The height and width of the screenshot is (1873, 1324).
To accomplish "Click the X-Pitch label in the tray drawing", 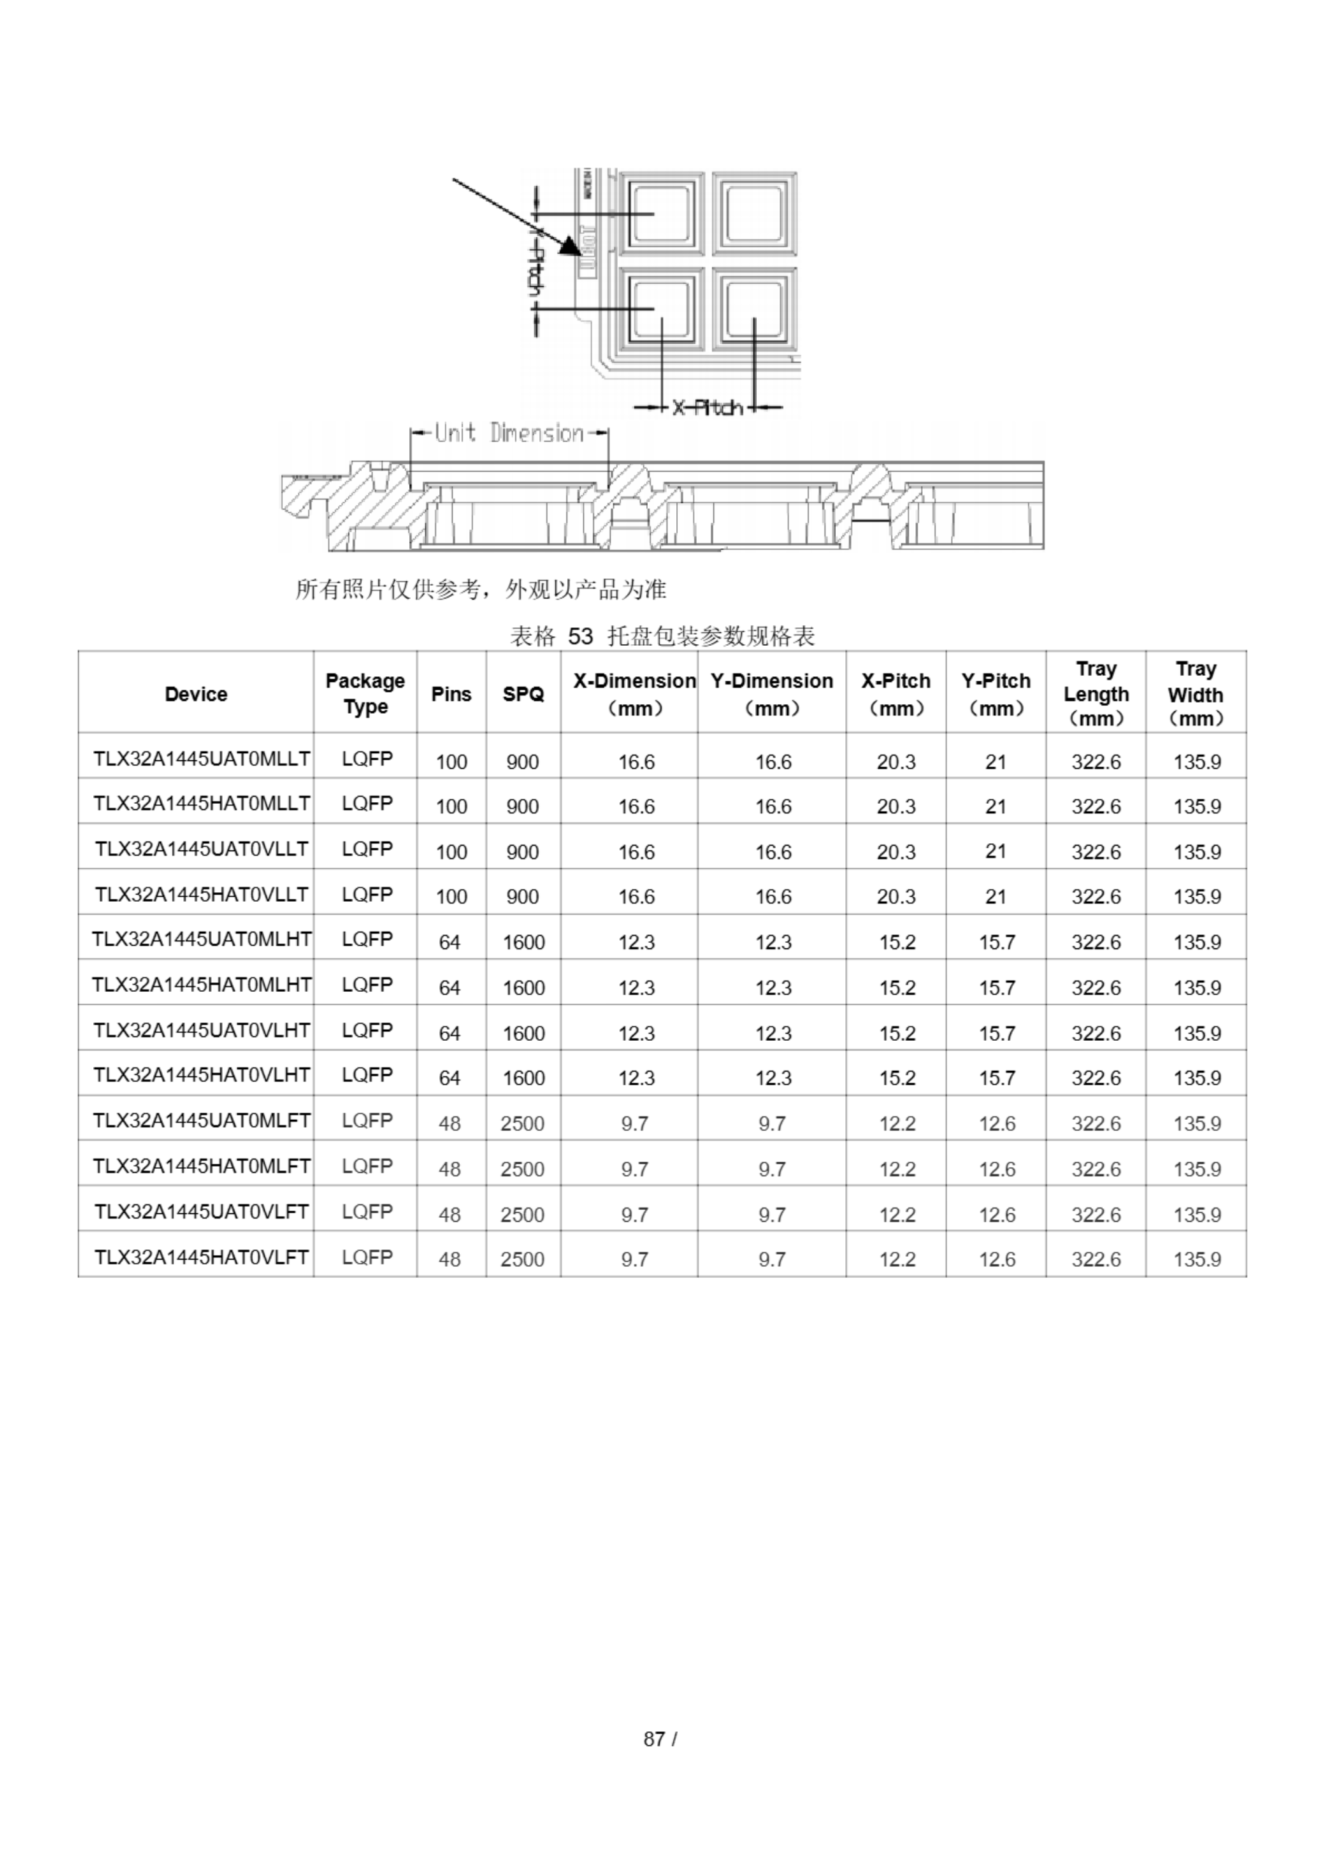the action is (x=707, y=407).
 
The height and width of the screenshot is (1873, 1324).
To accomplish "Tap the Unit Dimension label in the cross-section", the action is (x=509, y=432).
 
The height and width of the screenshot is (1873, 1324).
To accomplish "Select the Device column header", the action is (x=196, y=694).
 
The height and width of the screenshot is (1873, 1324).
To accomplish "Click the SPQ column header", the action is (x=523, y=694).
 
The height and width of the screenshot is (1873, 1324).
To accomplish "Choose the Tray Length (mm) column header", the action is (x=1096, y=694).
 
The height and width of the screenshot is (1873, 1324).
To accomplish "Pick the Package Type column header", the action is (x=365, y=694).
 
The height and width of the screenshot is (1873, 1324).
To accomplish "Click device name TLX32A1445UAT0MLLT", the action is (x=201, y=759).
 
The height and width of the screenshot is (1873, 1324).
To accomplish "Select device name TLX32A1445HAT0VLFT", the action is (x=201, y=1257).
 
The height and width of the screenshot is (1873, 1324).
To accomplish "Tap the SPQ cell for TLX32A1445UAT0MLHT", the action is (x=523, y=942).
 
